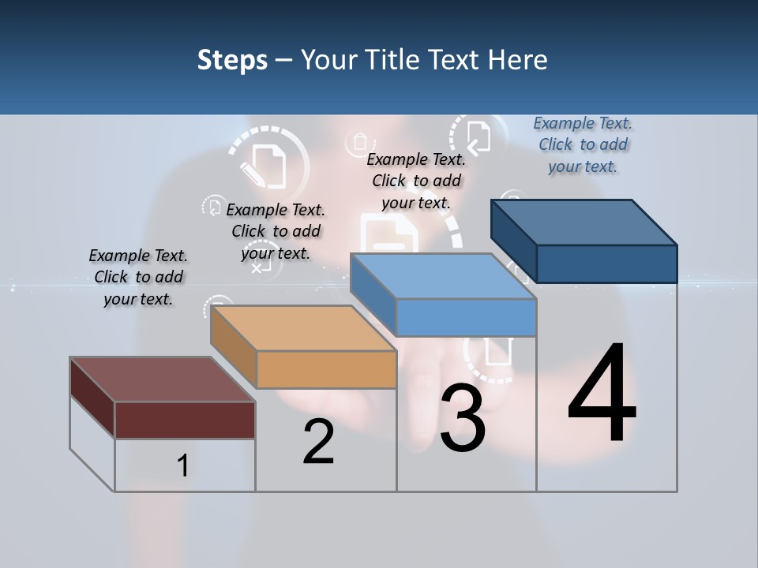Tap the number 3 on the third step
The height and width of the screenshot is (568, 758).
[x=463, y=418]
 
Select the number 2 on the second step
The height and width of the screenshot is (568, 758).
[x=319, y=441]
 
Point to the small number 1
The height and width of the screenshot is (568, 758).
[x=183, y=465]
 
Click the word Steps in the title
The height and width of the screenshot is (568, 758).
[x=232, y=60]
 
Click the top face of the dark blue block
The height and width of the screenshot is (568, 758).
[x=584, y=222]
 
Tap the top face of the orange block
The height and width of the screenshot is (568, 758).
[x=304, y=327]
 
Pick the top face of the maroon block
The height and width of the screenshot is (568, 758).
[x=163, y=379]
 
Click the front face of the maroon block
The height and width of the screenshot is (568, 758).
[x=185, y=420]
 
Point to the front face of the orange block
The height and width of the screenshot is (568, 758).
[x=326, y=369]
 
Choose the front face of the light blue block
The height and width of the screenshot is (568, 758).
[x=466, y=317]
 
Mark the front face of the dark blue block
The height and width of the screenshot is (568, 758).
[x=606, y=263]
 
